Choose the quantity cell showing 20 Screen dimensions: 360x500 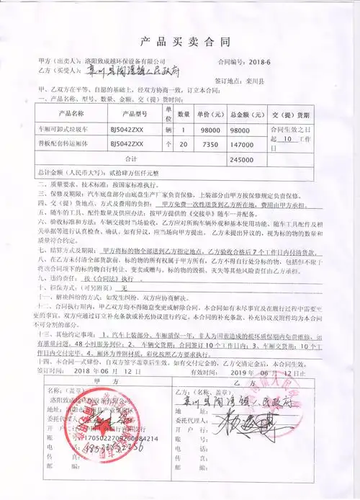tap(184, 144)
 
